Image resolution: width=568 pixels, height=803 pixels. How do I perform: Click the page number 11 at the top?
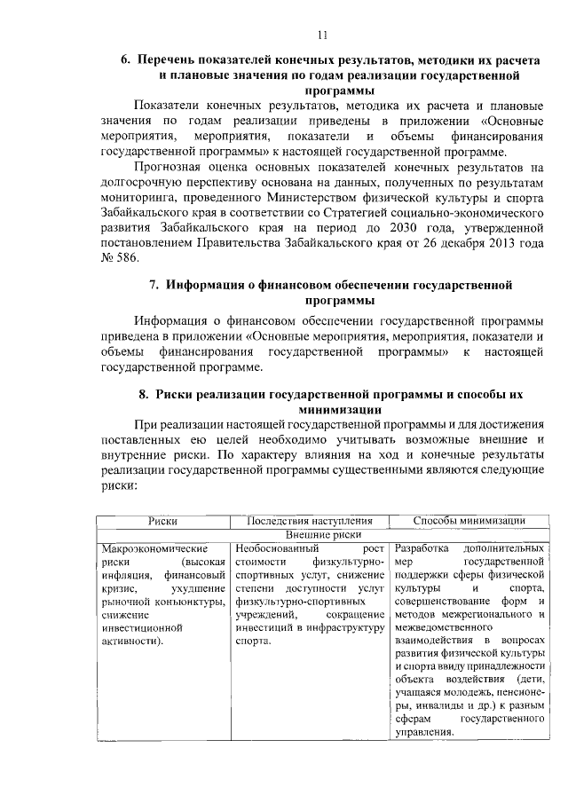coord(324,35)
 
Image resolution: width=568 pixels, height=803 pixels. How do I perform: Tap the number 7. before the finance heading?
coord(153,285)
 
